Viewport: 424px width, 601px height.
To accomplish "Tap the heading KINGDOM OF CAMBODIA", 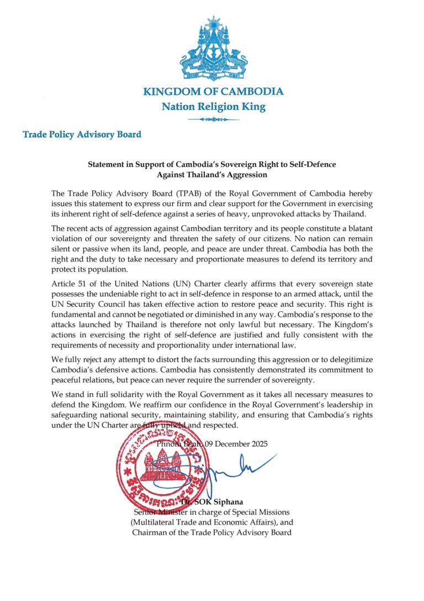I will (x=213, y=91).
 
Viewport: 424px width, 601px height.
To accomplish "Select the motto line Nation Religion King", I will (x=213, y=107).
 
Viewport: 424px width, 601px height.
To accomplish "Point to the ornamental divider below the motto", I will (x=213, y=119).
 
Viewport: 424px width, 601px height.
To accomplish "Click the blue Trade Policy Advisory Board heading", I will (x=82, y=134).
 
